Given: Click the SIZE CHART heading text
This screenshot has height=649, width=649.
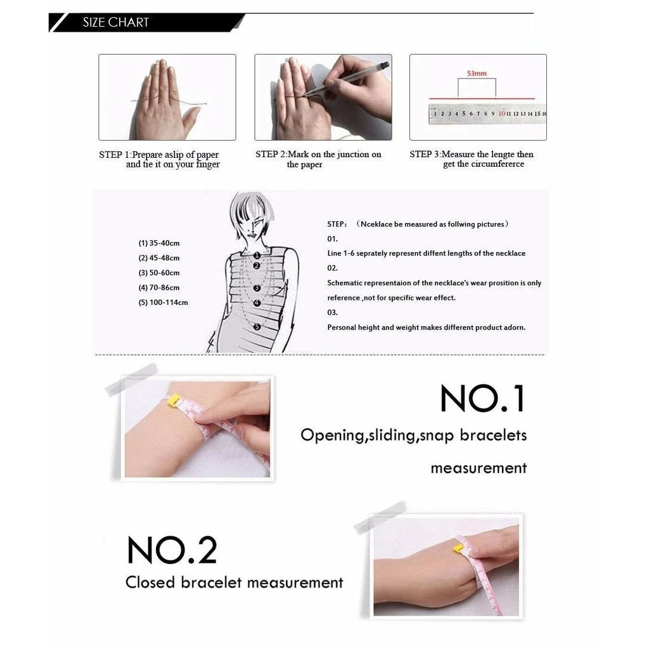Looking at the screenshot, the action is tap(115, 22).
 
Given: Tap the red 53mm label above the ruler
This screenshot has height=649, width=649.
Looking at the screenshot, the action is tap(477, 74).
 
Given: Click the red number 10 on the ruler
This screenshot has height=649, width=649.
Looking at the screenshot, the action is tap(502, 113).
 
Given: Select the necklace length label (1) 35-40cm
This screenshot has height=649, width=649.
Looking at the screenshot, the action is tap(159, 243).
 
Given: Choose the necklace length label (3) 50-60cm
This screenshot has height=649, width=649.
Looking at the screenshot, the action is tap(159, 273).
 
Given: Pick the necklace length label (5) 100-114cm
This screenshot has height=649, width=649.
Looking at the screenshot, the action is tap(163, 302).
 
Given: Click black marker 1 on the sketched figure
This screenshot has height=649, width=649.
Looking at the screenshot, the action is tap(257, 255).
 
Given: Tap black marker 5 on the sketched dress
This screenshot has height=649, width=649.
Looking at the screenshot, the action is tap(257, 327).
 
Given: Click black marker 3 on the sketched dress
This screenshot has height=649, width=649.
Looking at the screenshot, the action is tap(257, 288).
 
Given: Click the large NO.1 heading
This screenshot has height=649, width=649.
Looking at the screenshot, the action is tap(483, 398).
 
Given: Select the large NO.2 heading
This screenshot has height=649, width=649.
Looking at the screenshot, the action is tap(172, 549).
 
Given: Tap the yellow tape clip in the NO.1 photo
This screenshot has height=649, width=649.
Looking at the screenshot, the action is tap(173, 400).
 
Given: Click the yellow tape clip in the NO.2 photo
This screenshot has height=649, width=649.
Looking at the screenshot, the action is tap(459, 549).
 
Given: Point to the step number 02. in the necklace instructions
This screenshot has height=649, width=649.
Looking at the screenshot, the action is tap(332, 268).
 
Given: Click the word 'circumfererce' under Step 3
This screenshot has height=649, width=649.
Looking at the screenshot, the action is tap(498, 164).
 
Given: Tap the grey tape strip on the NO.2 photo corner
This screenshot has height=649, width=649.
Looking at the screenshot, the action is tap(380, 517).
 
